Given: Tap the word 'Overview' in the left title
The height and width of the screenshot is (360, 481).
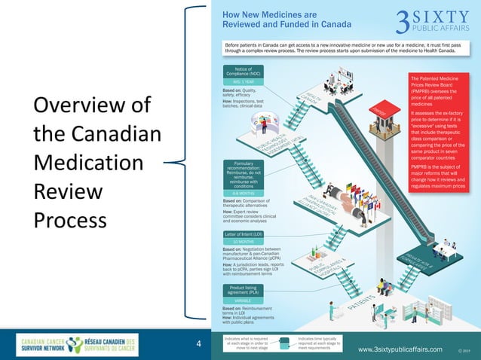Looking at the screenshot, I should tap(72, 105).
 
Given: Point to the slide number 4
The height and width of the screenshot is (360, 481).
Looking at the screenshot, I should tap(198, 345).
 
